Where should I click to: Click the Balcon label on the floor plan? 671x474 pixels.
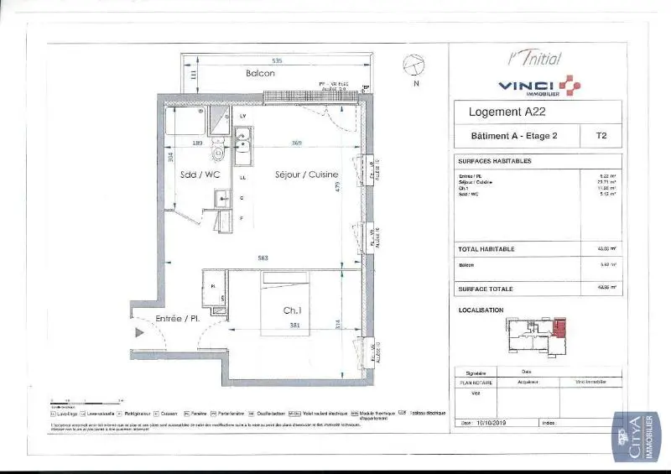coord(260,74)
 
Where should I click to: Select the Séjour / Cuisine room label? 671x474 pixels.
coord(307,175)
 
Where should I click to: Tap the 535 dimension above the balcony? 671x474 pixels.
coord(277,60)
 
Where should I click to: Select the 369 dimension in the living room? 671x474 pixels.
coord(296,143)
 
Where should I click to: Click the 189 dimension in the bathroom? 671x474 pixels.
coord(198,143)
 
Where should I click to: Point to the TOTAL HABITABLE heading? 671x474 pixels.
coord(486,249)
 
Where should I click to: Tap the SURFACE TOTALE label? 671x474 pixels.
coord(485,289)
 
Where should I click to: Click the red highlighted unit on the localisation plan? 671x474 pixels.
coord(559,326)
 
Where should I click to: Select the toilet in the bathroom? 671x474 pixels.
coord(219,152)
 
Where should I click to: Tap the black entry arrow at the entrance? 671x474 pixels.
coord(138,333)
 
